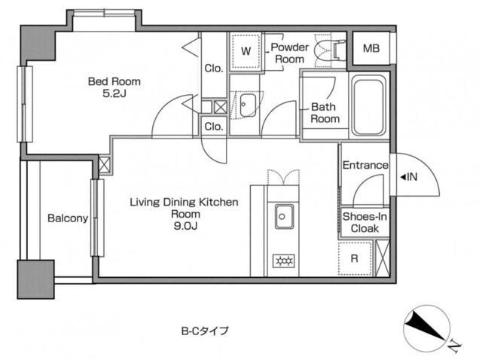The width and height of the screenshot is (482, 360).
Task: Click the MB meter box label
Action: coord(371,48)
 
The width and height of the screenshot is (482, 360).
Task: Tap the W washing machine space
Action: coord(246,51)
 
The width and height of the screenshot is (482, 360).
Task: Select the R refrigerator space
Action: coord(355,258)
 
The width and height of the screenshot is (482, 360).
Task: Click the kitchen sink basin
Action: coord(284,216)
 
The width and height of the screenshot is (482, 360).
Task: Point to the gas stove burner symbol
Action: coord(284,261)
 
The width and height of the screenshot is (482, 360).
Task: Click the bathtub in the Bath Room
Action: coord(369,105)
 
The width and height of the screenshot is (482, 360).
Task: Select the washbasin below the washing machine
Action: coord(248,105)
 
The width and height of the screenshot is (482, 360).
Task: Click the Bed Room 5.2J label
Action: coord(114,87)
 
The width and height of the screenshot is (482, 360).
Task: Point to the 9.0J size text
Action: coord(185,226)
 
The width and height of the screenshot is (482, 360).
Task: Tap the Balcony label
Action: coord(68,218)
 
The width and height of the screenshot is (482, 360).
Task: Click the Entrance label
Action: coord(365,165)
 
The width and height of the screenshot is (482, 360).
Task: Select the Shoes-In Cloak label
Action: coord(365,223)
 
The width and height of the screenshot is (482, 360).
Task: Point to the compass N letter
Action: coord(454,346)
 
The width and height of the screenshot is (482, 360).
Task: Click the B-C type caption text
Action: coord(205,331)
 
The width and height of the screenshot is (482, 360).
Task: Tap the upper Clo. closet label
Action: coord(214,69)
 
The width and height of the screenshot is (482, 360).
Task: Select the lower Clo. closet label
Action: coord(214,127)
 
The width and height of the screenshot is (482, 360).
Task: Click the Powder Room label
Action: coord(289,53)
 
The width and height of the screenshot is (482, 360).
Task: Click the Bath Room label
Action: coord(325,113)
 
